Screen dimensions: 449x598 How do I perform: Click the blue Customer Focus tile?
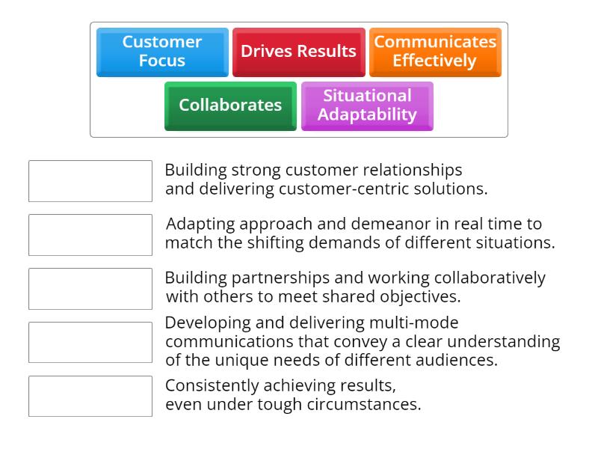coord(162,52)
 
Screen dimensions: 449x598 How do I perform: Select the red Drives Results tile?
coord(298,52)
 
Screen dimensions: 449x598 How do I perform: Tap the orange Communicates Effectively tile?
coord(435,52)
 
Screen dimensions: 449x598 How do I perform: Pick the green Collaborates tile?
coord(230,106)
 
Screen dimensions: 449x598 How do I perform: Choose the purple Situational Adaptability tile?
coord(367,106)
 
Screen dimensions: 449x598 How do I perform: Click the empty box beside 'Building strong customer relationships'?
coord(90,181)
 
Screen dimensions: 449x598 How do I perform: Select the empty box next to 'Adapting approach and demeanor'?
coord(90,235)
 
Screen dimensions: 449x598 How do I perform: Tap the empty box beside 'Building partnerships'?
coord(90,289)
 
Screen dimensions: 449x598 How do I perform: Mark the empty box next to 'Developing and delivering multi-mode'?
coord(90,342)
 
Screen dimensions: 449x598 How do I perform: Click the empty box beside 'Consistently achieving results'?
coord(90,396)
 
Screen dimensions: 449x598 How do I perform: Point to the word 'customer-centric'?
coord(336,189)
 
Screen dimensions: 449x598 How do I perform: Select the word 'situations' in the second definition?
coord(514,242)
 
